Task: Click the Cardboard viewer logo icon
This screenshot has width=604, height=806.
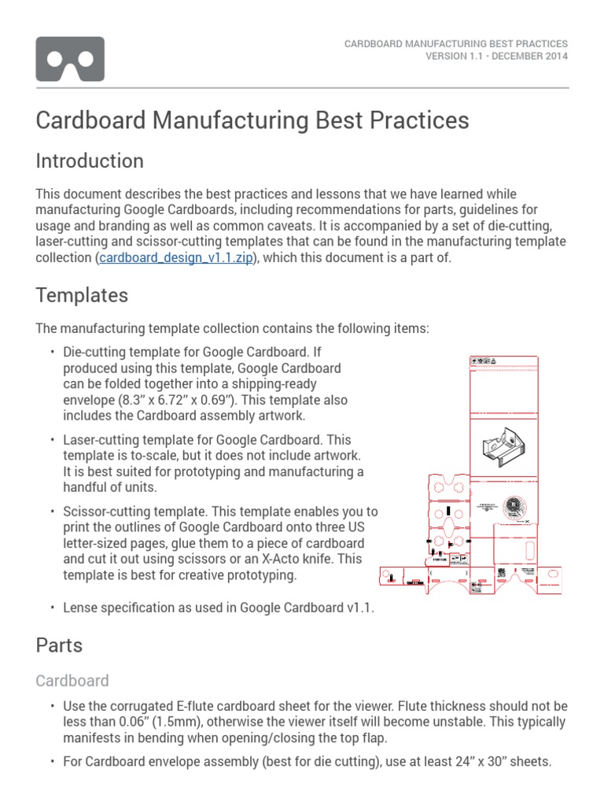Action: pos(70,59)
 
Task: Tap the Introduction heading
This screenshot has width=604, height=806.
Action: pos(90,161)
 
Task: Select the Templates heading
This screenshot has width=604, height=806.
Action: pos(82,295)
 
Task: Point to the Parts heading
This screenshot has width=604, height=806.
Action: pos(59,645)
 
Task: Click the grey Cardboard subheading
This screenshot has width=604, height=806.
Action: pos(72,680)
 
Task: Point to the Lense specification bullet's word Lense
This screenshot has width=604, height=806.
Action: pos(82,607)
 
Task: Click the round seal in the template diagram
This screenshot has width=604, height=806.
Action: pos(514,506)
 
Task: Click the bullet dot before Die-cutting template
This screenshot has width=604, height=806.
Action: pos(52,351)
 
